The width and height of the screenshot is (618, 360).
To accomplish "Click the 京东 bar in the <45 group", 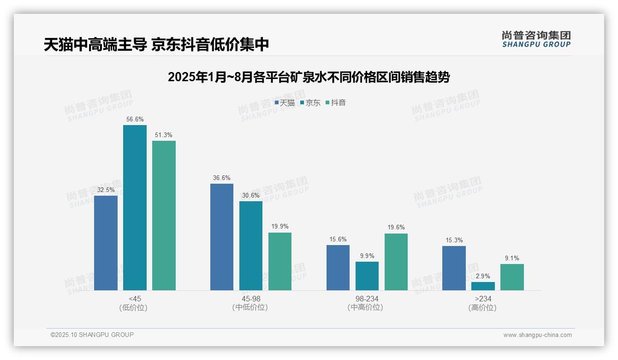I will pos(135,208).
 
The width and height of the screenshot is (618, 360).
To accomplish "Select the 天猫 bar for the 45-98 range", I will pos(222,237).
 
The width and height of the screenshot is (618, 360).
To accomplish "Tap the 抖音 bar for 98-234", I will pos(396,262).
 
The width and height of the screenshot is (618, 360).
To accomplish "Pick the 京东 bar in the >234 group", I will pos(483,286).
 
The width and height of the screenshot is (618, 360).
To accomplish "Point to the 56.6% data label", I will pos(135,119).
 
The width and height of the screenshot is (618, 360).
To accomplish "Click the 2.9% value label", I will pos(483,276).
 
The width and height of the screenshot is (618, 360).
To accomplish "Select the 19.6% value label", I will pos(396,228).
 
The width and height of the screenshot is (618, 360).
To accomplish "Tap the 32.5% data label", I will pos(106,190).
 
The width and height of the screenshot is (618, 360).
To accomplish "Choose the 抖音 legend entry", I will pos(336,103).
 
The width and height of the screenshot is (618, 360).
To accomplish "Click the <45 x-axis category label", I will pos(135,299).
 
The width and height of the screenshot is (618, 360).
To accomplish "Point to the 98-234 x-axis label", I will pos(367,299).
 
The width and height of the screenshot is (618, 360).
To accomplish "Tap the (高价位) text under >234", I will pos(482,308).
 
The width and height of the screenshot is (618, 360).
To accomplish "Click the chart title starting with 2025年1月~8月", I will pos(309,77).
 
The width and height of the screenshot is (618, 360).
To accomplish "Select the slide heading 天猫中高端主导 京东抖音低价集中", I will pos(156,45).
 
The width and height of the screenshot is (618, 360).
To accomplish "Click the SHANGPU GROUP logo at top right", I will pos(536,39).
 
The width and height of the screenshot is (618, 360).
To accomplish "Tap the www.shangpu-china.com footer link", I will pos(537,335).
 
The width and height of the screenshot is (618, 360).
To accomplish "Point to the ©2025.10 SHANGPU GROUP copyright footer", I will pos(92,335).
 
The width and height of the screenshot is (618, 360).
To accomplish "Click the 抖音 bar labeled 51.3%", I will pos(164,216).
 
